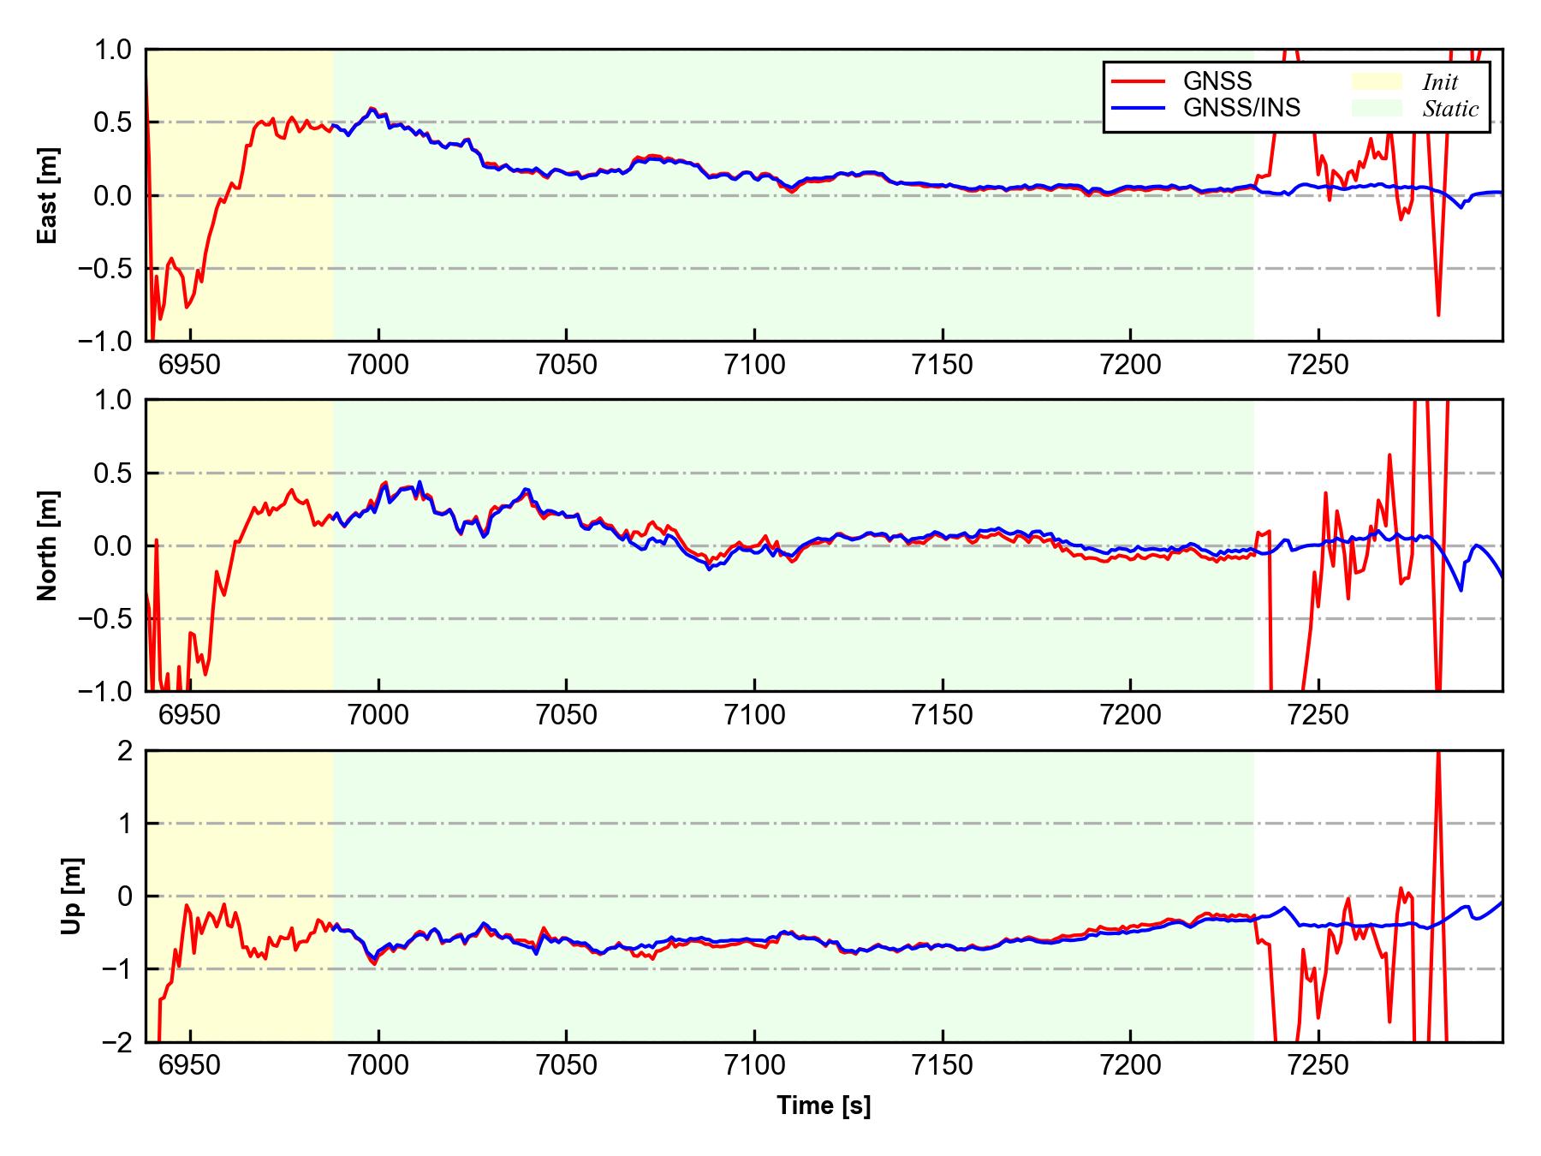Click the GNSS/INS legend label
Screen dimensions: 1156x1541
coord(1241,108)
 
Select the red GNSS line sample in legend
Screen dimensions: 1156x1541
coord(1138,81)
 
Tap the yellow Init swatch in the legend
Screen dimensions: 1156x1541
coord(1377,81)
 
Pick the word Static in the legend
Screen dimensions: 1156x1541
coord(1450,109)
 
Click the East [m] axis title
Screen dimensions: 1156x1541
coord(49,195)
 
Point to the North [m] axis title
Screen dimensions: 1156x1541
coord(49,545)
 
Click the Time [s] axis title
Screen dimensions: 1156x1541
coord(824,1105)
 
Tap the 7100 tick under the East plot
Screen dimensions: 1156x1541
coord(754,366)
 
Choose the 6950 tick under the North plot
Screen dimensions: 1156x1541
coord(190,715)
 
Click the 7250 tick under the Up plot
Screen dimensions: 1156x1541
coord(1318,1066)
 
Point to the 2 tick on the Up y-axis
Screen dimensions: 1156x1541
coord(125,751)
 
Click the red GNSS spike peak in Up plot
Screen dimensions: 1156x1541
coord(1438,754)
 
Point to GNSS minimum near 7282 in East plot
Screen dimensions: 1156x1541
coord(1438,315)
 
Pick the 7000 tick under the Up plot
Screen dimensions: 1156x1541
coord(378,1066)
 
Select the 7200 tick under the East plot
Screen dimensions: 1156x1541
coord(1130,366)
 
